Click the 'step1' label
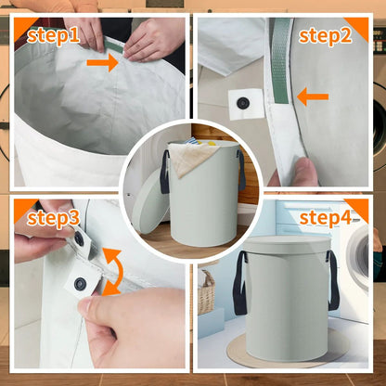(53, 36)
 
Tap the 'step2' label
(325, 36)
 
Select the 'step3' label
(53, 218)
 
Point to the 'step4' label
(326, 218)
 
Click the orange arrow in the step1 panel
(103, 63)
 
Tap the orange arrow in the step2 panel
(313, 96)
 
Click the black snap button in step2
(243, 103)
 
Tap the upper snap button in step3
(79, 238)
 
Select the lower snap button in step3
(80, 283)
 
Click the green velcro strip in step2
(281, 60)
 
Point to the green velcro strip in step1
(114, 45)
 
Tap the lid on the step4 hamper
(287, 245)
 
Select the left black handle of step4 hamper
(240, 283)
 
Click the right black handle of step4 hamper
(333, 280)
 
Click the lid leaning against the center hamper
(150, 201)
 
